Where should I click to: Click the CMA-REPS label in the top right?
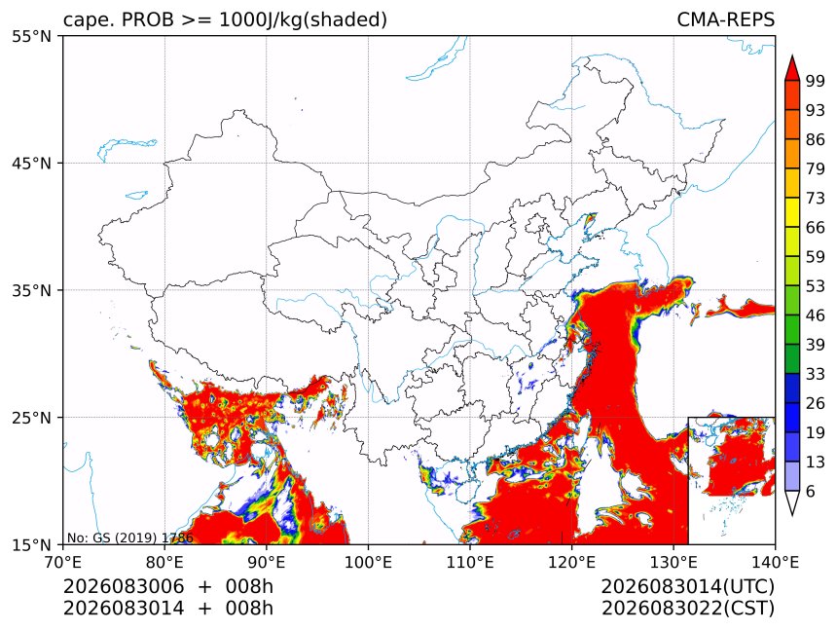pos(725,19)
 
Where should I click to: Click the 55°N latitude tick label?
pos(31,36)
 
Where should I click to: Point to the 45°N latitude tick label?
pos(31,163)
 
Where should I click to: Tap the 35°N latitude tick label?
pos(31,290)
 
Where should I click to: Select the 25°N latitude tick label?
pos(31,417)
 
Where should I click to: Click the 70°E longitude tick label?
pos(63,562)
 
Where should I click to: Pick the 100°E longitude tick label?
pos(368,562)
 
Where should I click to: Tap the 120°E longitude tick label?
pos(571,562)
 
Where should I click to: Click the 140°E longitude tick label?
pos(775,562)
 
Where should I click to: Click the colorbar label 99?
pos(816,81)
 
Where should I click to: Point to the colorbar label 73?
pos(816,198)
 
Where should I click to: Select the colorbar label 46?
pos(816,315)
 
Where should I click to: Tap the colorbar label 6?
pos(811,491)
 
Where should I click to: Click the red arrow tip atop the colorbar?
pos(792,56)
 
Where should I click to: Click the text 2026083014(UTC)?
pos(687,587)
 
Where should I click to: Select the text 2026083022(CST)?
pos(687,609)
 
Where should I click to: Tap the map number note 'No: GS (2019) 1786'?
pos(129,537)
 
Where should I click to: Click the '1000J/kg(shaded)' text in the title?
pos(304,20)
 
